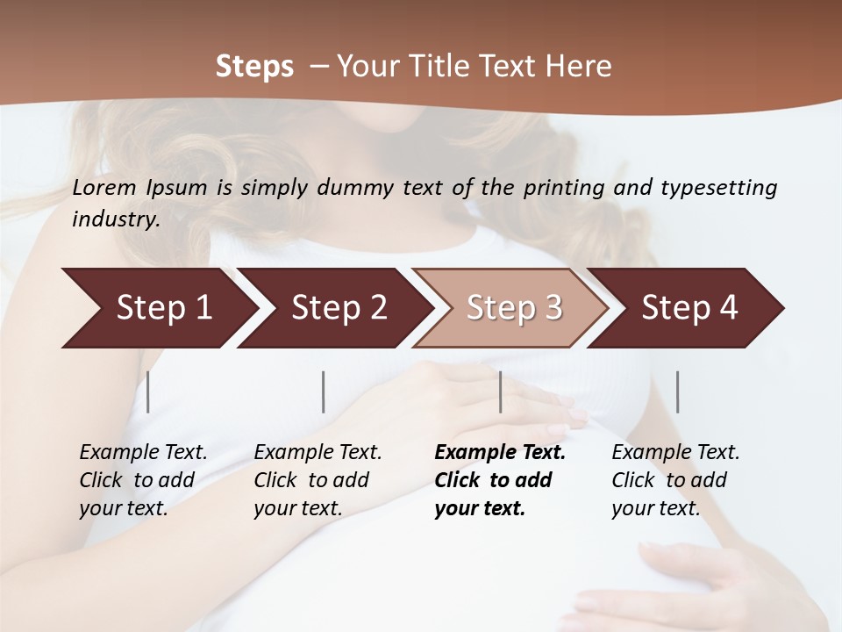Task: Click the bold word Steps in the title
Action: click(x=254, y=67)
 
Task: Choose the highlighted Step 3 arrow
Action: click(x=514, y=307)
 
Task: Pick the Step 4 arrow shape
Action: click(x=689, y=307)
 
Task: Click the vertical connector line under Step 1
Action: click(x=148, y=391)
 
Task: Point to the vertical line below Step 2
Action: click(x=324, y=391)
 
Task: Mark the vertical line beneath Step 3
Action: click(x=501, y=391)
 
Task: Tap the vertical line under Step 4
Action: click(x=677, y=391)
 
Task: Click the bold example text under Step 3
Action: click(x=500, y=480)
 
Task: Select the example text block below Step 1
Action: click(x=143, y=480)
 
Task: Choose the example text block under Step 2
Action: click(x=318, y=480)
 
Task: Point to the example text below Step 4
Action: click(x=675, y=480)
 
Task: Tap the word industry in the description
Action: click(x=115, y=219)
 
